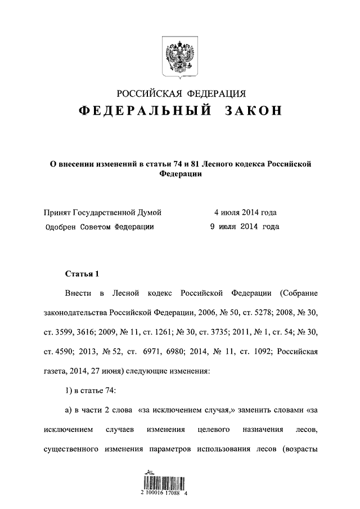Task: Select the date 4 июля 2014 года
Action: [245, 213]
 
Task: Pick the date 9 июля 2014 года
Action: [244, 227]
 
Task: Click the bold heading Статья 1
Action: [82, 274]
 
